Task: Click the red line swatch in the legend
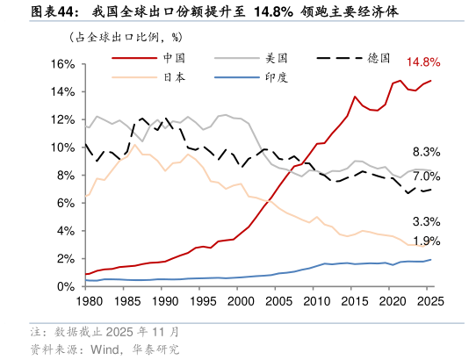[134, 59]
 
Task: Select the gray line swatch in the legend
[237, 59]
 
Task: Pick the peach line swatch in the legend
[134, 77]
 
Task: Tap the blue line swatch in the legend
[237, 77]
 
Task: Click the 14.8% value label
[422, 63]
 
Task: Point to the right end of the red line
[431, 81]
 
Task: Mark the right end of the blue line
[431, 260]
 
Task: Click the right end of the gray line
[431, 170]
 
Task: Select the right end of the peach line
[431, 240]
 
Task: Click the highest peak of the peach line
[134, 145]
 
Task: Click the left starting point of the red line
[85, 274]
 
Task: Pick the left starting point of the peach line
[85, 198]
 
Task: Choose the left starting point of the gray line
[85, 128]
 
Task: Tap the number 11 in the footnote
[159, 333]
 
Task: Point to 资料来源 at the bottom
[53, 349]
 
